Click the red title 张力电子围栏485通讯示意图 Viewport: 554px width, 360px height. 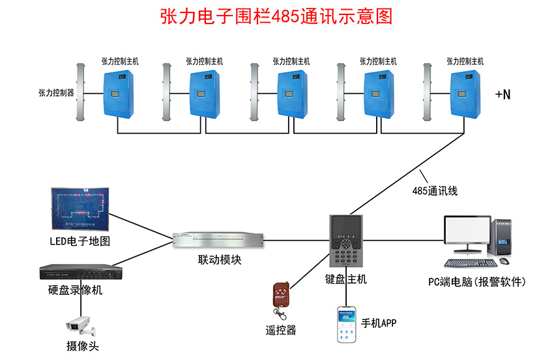(x=277, y=16)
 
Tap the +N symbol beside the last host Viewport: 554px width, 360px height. (x=503, y=95)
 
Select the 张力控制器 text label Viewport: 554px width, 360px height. (x=56, y=93)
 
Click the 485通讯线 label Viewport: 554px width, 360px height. (x=435, y=191)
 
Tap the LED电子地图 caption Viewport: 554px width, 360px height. (x=80, y=241)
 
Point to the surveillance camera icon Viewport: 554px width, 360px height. (x=80, y=323)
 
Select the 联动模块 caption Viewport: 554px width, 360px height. (x=220, y=260)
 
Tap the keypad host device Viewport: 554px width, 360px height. (x=345, y=241)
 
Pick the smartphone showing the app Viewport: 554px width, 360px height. (x=345, y=324)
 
